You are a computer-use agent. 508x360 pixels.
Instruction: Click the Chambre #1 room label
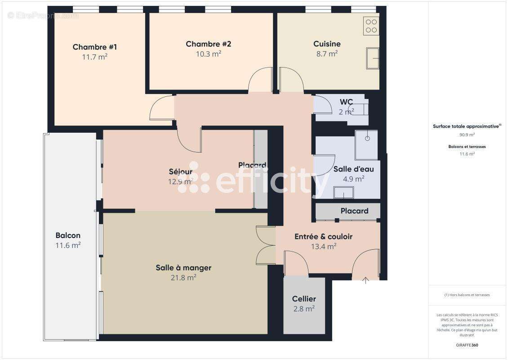pos(95,47)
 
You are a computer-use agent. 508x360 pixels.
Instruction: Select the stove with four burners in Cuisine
pos(372,26)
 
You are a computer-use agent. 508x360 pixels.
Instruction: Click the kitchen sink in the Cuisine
pos(373,58)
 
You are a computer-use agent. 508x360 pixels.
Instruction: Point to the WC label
pos(346,102)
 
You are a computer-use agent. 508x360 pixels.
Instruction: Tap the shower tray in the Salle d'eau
pos(366,144)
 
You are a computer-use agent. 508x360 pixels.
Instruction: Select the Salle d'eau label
pos(353,169)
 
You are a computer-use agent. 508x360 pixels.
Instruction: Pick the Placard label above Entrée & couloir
pos(354,211)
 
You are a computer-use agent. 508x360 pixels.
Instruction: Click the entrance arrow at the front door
pos(365,281)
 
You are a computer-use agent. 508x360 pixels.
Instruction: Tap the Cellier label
pos(304,299)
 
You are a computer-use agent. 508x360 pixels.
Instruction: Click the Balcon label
pos(68,235)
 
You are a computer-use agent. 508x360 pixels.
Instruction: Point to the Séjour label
pos(181,171)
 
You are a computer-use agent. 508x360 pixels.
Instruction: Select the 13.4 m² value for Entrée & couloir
pos(324,246)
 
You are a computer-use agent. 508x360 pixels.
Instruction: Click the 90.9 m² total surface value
pos(467,135)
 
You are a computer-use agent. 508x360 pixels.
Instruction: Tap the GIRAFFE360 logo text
pos(467,345)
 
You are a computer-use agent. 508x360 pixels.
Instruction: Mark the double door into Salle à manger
pos(266,245)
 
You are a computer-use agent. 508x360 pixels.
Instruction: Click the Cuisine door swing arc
pos(290,79)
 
